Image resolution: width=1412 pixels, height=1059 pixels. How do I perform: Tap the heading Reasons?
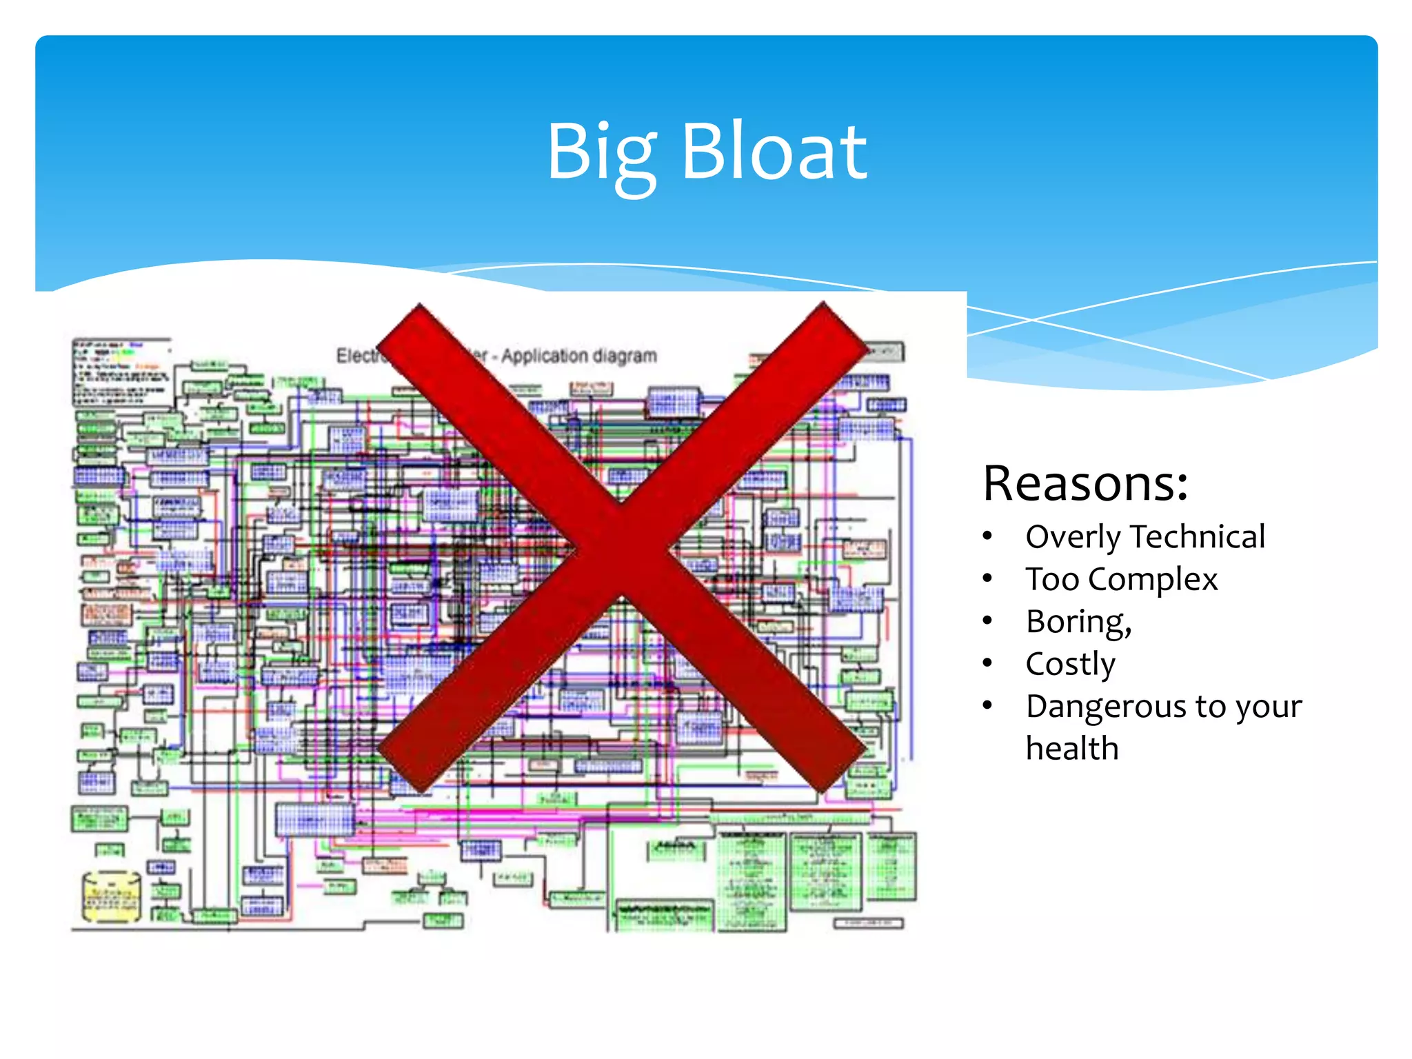(1085, 483)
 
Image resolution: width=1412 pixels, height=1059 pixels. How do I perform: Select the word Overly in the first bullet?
(1073, 537)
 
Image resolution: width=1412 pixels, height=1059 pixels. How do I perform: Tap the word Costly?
(1070, 665)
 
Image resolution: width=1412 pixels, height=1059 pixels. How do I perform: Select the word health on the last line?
(1072, 749)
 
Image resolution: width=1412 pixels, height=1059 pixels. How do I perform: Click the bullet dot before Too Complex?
(988, 578)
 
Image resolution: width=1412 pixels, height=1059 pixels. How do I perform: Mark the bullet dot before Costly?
(988, 663)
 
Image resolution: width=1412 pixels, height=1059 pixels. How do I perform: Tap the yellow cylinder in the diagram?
(111, 896)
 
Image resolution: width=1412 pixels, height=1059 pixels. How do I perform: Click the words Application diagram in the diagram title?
(579, 356)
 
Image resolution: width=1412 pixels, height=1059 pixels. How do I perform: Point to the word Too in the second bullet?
(1051, 579)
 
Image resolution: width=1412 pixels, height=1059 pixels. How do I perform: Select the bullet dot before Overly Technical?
(988, 536)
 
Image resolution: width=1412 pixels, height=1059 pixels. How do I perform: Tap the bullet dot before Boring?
(988, 621)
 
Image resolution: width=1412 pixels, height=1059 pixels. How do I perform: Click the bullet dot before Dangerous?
(988, 705)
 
